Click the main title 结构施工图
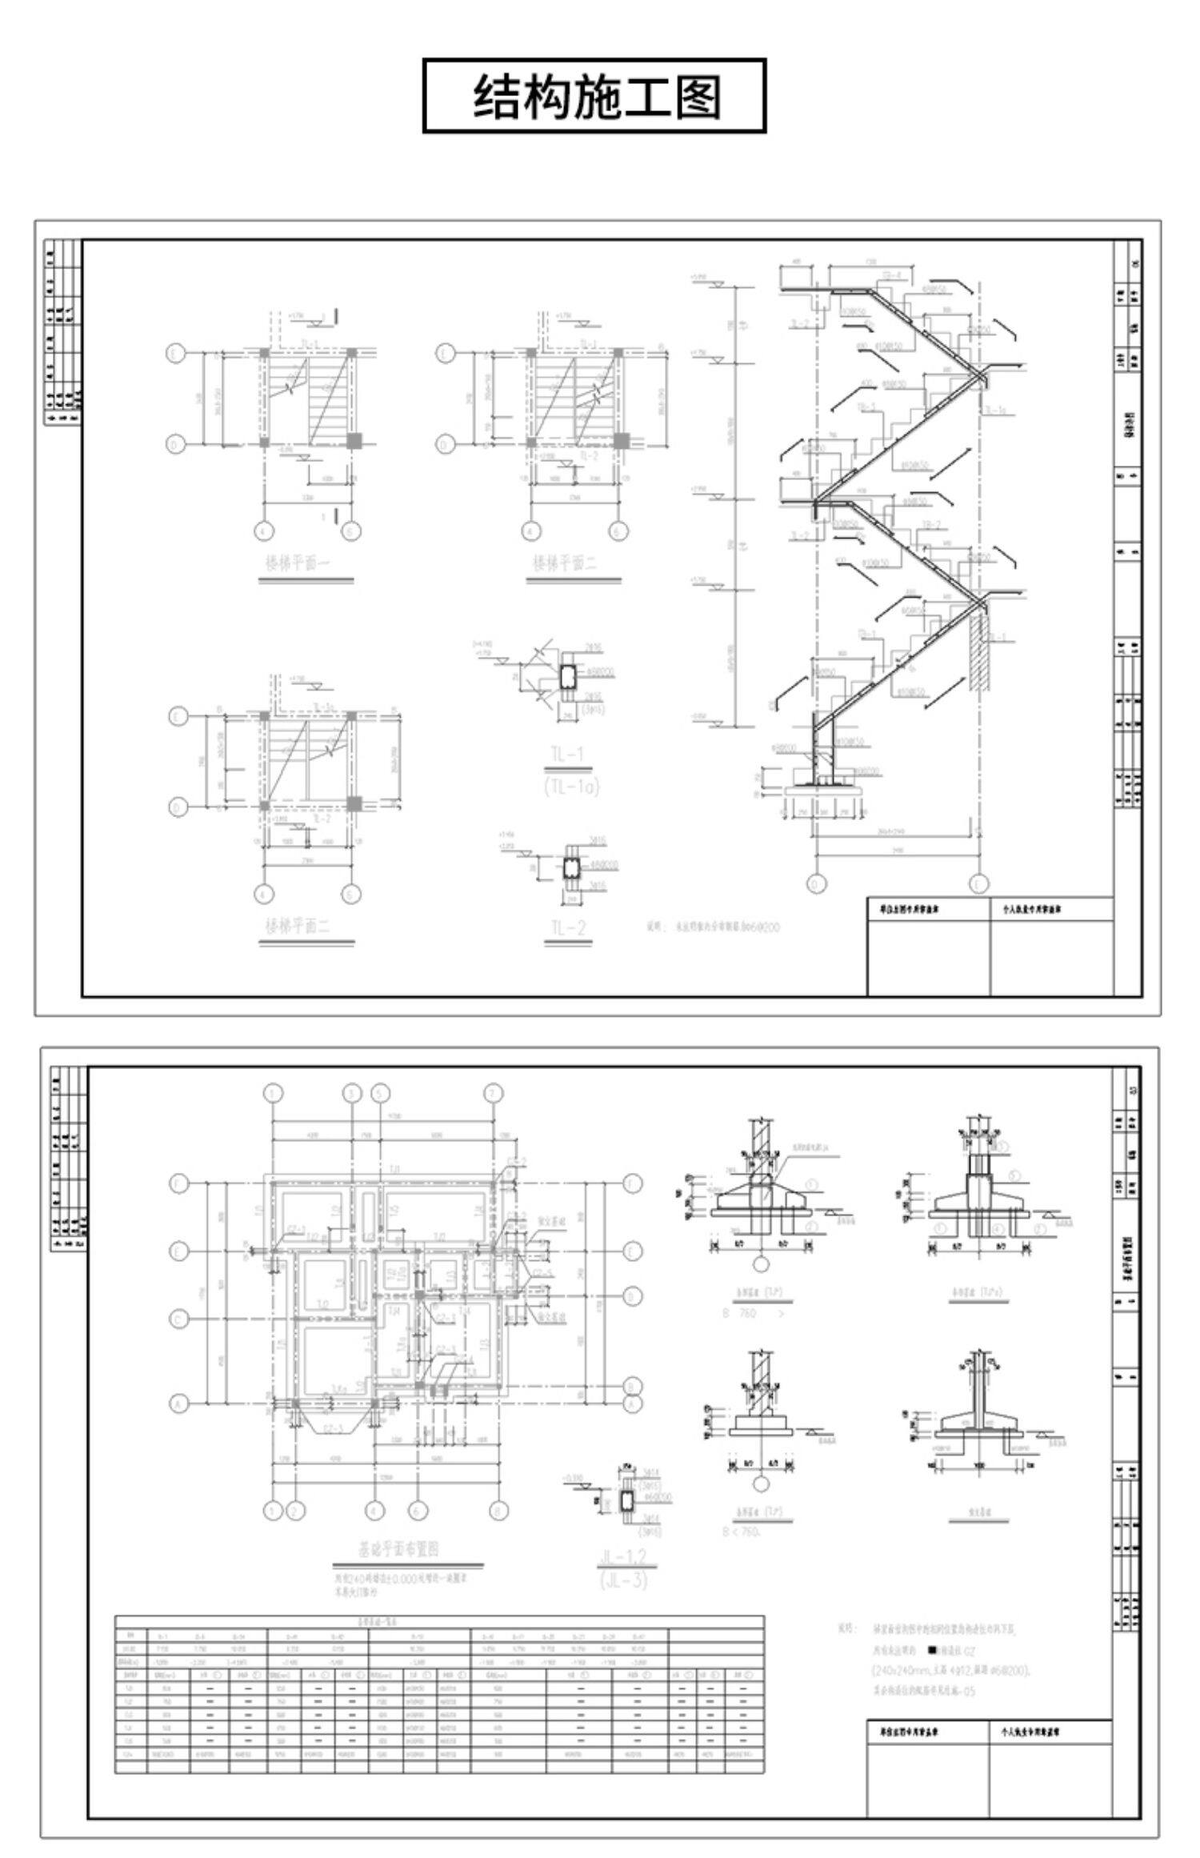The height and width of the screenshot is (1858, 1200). pos(594,96)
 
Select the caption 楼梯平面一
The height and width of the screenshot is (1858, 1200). pos(298,563)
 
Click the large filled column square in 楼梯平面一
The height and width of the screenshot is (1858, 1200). pos(354,441)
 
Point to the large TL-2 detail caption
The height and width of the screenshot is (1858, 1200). pos(568,927)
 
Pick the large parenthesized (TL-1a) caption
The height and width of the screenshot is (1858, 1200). pos(571,787)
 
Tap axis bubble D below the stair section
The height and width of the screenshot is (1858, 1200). pos(817,883)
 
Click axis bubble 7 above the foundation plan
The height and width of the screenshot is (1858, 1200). pos(495,1092)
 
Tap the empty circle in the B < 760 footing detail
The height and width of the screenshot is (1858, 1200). pos(761,1482)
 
